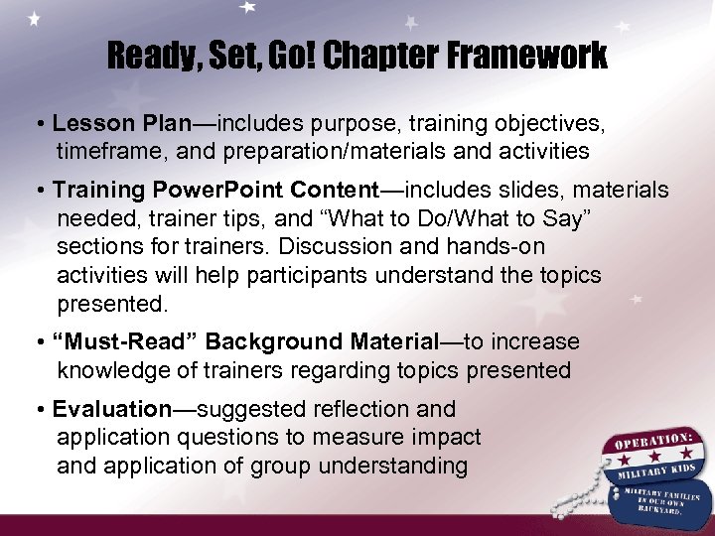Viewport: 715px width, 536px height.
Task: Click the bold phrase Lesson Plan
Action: click(x=121, y=125)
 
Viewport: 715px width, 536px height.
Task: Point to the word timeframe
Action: click(x=104, y=152)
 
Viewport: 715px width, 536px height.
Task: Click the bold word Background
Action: click(x=275, y=342)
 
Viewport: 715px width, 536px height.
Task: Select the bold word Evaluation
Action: click(x=112, y=409)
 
